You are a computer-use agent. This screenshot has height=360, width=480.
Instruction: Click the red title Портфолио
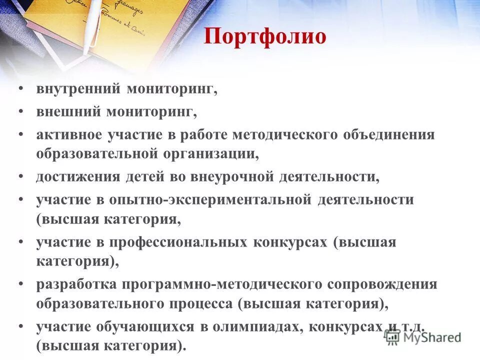pyautogui.click(x=265, y=37)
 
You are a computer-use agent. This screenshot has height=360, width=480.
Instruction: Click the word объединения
pyautogui.click(x=389, y=135)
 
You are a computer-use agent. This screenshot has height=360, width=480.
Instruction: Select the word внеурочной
pyautogui.click(x=237, y=176)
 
